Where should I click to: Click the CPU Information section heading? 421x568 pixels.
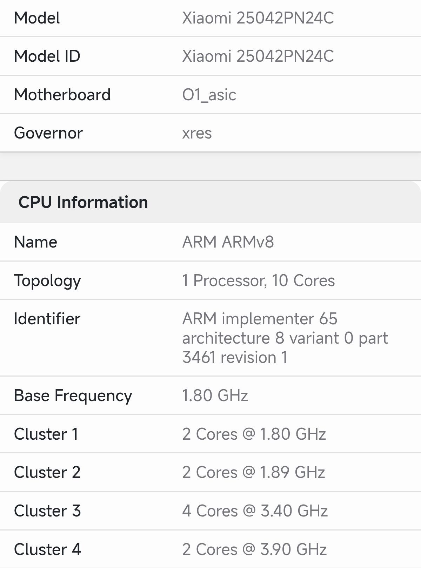[83, 202]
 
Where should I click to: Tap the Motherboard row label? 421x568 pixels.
[62, 95]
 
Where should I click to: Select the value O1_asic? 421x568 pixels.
[209, 95]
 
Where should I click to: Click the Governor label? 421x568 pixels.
[48, 133]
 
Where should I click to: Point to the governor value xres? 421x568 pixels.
[197, 134]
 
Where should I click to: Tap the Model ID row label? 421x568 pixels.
[47, 56]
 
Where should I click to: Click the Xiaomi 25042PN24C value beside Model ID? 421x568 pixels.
[258, 56]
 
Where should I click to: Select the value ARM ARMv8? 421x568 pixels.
[228, 242]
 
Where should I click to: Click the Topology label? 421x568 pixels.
[47, 281]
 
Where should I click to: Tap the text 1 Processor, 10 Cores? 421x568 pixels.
[259, 280]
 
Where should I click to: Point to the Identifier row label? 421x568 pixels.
[47, 319]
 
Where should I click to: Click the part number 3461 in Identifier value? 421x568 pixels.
[199, 357]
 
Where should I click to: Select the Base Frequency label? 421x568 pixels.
[73, 396]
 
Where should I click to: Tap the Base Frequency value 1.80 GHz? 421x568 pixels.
[215, 395]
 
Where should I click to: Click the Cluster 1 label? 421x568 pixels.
[46, 434]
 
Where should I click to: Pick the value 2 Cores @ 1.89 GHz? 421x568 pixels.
[254, 472]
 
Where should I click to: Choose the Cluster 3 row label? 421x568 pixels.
[47, 511]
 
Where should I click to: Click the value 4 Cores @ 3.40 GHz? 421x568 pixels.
[255, 511]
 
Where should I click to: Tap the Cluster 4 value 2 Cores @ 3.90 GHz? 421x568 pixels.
[254, 549]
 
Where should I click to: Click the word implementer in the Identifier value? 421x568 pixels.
[268, 319]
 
